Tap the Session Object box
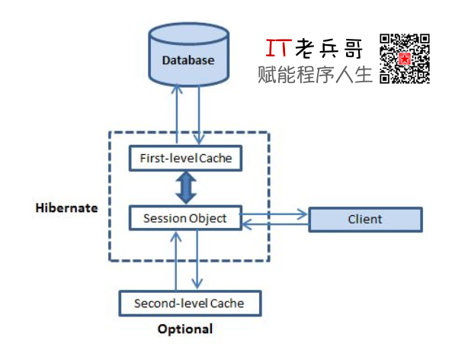click(184, 218)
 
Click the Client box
click(364, 220)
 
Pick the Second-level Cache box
click(189, 303)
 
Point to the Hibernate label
click(67, 207)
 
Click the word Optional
click(184, 329)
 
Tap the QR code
click(405, 58)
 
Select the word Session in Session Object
click(165, 218)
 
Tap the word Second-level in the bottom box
click(168, 303)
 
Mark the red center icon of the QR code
click(406, 58)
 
